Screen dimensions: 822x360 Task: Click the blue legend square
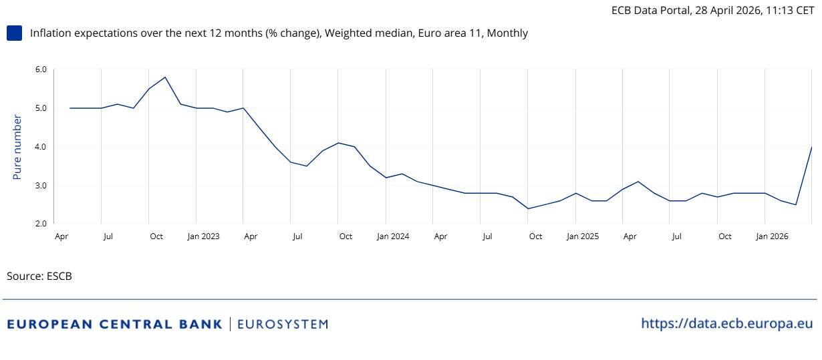14,33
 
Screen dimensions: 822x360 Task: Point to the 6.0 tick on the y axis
41,69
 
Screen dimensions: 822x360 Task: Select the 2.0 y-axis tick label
41,224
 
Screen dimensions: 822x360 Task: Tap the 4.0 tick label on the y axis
41,147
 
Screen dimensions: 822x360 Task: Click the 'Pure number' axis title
17,147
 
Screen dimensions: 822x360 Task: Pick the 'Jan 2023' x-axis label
203,236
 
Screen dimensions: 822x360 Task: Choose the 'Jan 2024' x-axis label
393,236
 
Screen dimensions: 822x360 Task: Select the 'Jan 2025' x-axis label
583,236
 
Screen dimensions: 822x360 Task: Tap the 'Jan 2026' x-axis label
772,236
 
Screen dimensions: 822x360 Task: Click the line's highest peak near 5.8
165,77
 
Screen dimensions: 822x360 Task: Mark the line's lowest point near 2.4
528,208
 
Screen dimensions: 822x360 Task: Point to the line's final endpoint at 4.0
811,147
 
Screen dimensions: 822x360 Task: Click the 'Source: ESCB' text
39,276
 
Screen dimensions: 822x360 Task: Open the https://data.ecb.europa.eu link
727,324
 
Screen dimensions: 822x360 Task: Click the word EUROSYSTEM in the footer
283,325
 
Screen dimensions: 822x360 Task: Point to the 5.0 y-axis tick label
41,108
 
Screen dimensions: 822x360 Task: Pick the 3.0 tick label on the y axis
41,186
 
